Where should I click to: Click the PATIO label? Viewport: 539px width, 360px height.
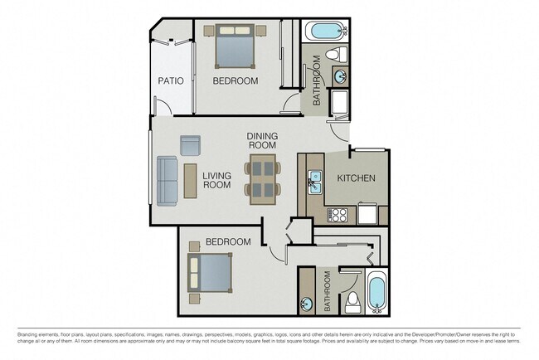[171, 80]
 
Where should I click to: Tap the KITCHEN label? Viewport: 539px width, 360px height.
[357, 178]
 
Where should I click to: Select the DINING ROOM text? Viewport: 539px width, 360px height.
[262, 141]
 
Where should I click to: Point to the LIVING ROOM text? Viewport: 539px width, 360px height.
[216, 180]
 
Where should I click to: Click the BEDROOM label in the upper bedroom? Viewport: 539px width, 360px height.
[235, 80]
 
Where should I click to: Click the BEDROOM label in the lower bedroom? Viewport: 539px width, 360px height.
[228, 241]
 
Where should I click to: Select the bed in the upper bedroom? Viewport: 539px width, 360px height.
[235, 46]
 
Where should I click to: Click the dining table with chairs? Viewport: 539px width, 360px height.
[262, 178]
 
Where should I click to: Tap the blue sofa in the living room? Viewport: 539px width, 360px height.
[168, 181]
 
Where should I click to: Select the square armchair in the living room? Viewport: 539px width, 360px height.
[191, 145]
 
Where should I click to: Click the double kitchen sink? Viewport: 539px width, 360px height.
[315, 181]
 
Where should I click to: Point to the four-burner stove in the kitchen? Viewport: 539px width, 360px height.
[338, 215]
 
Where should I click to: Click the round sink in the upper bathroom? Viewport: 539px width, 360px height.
[341, 77]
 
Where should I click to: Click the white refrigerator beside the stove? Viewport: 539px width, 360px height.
[367, 215]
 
